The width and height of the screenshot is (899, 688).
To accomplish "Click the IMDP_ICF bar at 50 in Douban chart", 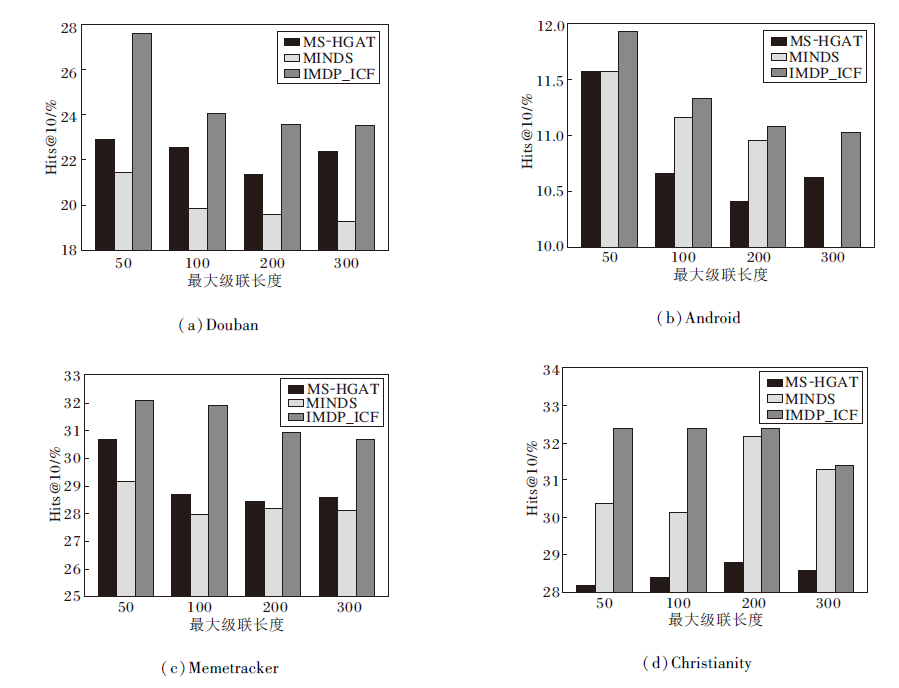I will [x=142, y=141].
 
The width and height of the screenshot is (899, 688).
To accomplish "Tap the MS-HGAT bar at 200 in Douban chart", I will [x=254, y=212].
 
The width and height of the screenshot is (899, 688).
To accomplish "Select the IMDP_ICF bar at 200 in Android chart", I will [x=776, y=186].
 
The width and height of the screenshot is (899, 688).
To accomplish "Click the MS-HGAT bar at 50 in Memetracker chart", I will [x=107, y=517].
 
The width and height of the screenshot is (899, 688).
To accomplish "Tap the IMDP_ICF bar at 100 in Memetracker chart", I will [x=217, y=500].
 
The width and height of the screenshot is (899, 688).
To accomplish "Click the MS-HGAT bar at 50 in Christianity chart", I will [x=585, y=589].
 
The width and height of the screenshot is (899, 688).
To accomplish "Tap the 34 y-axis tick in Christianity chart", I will [x=548, y=371].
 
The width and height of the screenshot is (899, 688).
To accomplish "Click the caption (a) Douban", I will [x=217, y=325].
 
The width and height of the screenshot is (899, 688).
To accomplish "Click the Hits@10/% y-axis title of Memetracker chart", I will [x=56, y=487].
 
